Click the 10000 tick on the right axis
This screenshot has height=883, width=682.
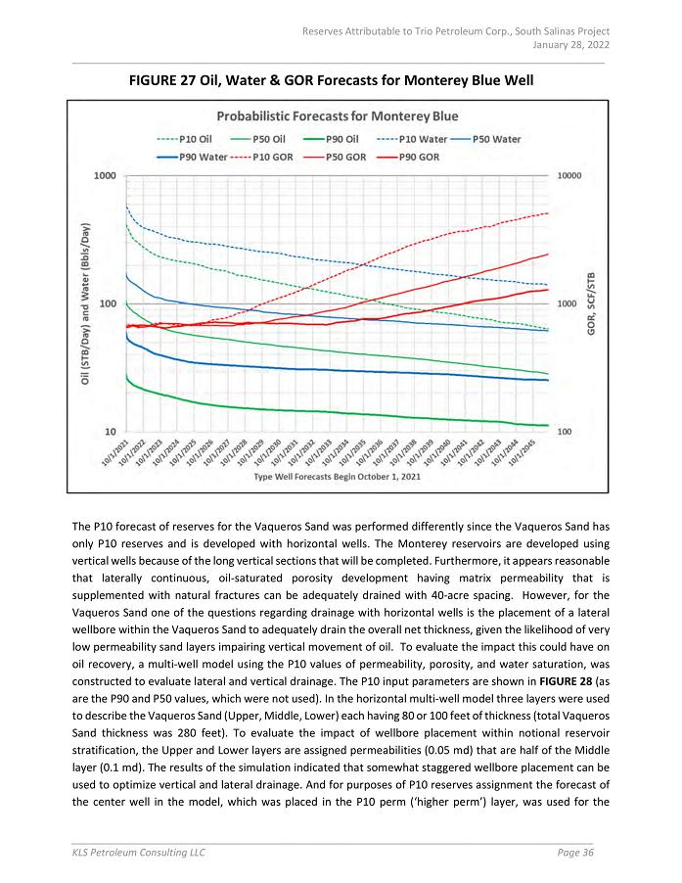pos(569,176)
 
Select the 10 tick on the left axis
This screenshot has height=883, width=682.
pos(108,431)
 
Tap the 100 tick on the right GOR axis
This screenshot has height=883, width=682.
pos(565,431)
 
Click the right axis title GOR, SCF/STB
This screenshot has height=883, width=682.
pos(592,303)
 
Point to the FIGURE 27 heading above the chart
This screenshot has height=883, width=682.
pos(332,78)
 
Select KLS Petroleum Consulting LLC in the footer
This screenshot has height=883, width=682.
pos(139,854)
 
